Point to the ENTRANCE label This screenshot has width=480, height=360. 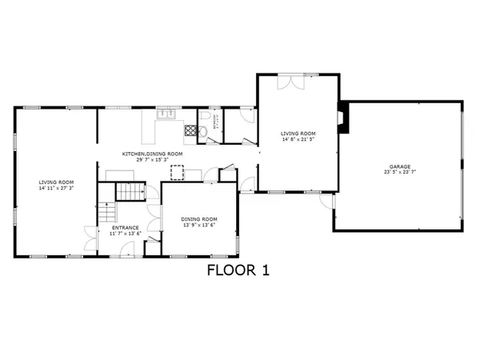(x=125, y=228)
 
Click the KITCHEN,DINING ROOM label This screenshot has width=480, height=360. (x=152, y=154)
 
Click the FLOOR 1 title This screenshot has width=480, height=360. (x=238, y=270)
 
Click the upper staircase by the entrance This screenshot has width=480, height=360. (x=128, y=193)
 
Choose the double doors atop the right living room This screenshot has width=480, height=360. (x=290, y=82)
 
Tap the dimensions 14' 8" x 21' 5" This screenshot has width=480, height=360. (x=298, y=139)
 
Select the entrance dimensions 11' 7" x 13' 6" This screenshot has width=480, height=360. (x=125, y=234)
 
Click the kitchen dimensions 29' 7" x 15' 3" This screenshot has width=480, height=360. (x=152, y=160)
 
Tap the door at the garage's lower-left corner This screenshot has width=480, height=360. (x=328, y=205)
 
